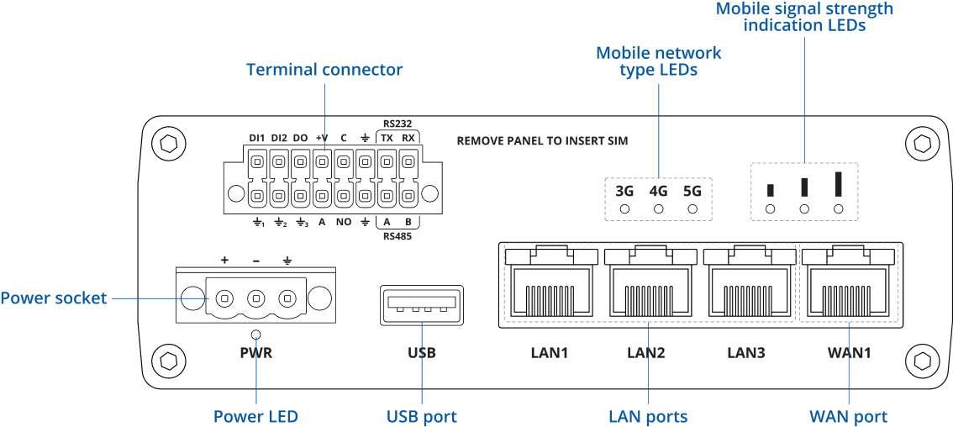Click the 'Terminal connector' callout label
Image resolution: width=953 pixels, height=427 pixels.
pos(324,70)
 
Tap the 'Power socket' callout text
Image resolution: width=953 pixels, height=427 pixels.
pos(54,298)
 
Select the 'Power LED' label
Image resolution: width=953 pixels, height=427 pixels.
pos(255,417)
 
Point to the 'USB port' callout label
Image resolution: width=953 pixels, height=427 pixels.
pos(422,417)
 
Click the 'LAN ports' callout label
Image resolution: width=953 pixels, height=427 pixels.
pos(648,417)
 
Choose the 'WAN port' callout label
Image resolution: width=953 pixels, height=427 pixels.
pos(848,417)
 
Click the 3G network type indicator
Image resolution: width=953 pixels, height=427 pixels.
pos(624,191)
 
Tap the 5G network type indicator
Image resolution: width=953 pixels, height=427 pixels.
pos(692,191)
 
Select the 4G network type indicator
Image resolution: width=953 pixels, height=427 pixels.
pos(658,191)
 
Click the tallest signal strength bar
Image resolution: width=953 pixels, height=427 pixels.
pos(838,183)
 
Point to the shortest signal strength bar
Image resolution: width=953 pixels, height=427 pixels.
pos(771,190)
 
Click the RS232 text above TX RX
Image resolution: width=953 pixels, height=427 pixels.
pos(397,123)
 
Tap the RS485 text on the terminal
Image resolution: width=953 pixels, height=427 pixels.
pos(397,236)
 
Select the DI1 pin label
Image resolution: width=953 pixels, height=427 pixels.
pos(257,138)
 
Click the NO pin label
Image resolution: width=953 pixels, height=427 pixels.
pos(343,222)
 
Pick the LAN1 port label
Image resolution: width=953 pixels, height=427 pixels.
pos(549,353)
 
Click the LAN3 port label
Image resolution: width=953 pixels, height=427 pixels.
pos(745,353)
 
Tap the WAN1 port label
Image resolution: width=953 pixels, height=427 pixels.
pos(849,353)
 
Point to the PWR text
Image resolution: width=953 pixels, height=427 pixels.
pos(255,353)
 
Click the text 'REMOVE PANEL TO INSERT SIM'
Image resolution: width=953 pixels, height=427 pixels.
pos(542,141)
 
